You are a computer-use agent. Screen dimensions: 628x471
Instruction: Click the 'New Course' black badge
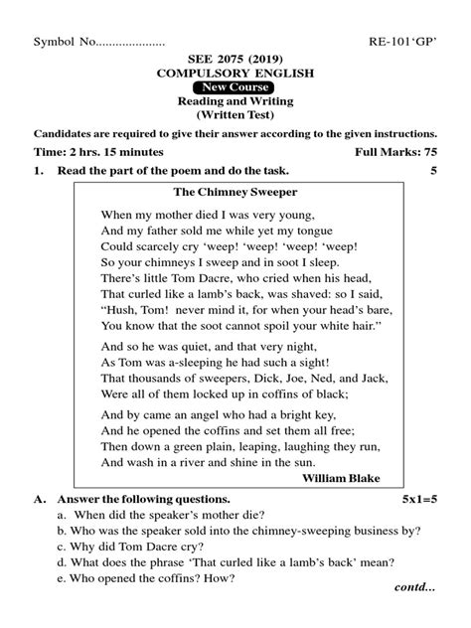tap(235, 87)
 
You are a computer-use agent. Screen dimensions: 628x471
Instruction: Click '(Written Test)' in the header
tap(235, 115)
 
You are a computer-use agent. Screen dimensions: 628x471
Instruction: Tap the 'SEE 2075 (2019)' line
tap(235, 59)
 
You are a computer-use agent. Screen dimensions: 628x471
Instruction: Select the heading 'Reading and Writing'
tap(235, 101)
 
